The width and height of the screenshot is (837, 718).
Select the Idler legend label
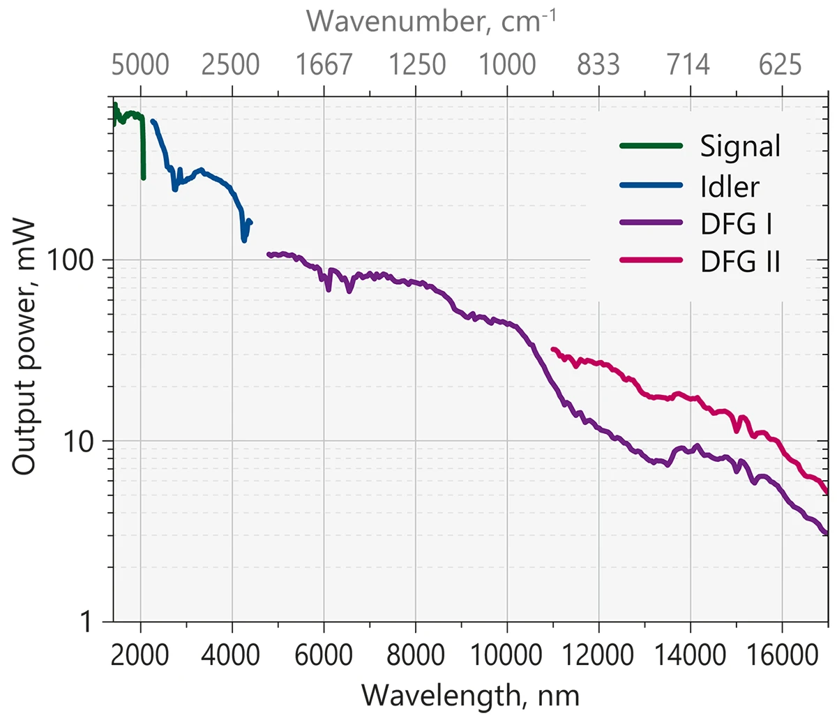[730, 186]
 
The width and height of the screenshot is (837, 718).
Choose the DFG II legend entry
[740, 262]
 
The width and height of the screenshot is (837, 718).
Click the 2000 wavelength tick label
[140, 655]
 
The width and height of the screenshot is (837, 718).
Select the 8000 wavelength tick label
[416, 655]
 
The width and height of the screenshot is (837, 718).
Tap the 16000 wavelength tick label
[783, 655]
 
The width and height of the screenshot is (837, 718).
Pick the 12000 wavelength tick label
[598, 655]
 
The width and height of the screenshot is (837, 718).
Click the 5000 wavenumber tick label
[140, 65]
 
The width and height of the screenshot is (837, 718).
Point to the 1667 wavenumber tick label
[324, 65]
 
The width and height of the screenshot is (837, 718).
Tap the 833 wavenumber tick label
[598, 65]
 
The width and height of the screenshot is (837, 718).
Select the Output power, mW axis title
[25, 347]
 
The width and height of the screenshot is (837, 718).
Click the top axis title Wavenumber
[432, 21]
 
